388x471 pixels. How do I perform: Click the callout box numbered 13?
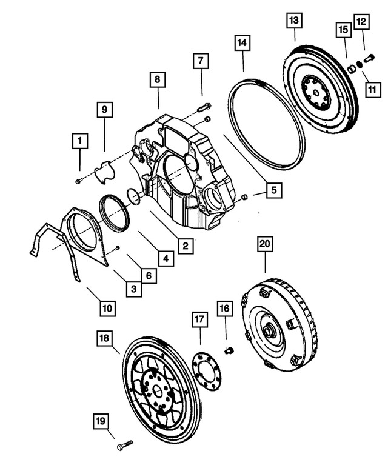point(294,21)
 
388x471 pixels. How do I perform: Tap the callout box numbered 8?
point(157,79)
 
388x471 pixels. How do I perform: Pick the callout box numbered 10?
point(107,308)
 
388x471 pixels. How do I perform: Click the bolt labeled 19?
point(122,447)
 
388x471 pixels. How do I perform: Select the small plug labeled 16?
point(229,350)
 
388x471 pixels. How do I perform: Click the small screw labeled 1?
point(79,180)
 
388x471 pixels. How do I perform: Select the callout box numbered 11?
point(371,89)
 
